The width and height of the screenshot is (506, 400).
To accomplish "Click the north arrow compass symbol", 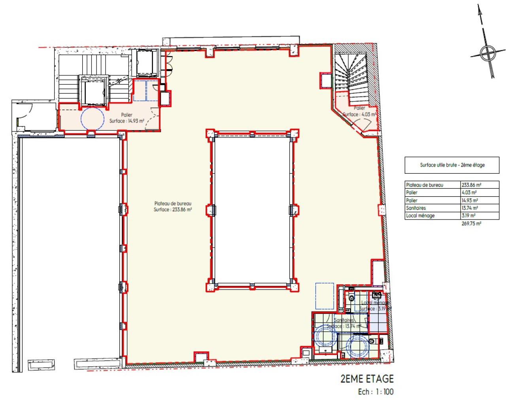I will [x=488, y=52].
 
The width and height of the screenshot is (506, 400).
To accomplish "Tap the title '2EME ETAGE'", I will [x=367, y=379].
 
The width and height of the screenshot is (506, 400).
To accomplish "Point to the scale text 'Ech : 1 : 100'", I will [x=376, y=392].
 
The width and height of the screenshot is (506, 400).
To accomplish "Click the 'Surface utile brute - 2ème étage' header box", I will [x=452, y=165].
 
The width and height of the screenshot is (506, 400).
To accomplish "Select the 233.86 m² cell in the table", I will [x=471, y=185].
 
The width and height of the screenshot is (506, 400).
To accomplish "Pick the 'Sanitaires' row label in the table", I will [x=416, y=208].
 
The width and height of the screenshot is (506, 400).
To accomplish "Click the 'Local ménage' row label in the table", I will [x=420, y=216].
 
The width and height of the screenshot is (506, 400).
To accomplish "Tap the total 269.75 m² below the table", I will [x=471, y=223].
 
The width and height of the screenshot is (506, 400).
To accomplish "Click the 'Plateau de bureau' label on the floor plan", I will [x=173, y=203].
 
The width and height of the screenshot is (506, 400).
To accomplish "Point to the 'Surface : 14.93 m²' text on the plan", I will [x=126, y=121].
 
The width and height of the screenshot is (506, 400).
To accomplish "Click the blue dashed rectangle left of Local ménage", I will [x=325, y=296].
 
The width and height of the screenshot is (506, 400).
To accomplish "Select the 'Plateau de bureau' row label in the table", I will [x=425, y=185].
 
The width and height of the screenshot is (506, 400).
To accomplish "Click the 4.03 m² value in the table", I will [x=469, y=193].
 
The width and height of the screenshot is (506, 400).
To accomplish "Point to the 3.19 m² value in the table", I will [x=468, y=216].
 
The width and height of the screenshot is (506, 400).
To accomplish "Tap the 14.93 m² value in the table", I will [x=470, y=200].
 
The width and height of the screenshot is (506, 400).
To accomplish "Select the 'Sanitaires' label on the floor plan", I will [x=344, y=320].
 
